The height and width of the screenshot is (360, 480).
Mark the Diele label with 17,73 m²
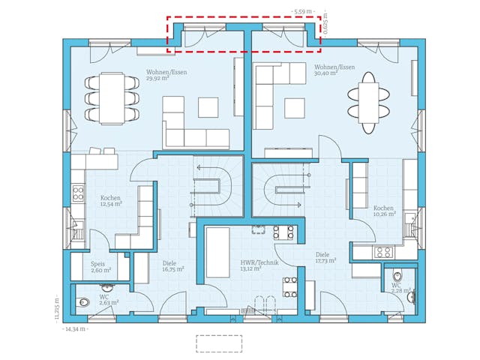(x=325, y=258)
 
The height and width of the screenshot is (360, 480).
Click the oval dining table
(x=368, y=102)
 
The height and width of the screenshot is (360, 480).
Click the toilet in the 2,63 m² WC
(x=82, y=302)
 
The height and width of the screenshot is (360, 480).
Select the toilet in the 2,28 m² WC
(x=410, y=298)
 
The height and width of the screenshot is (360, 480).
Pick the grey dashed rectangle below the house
(x=219, y=343)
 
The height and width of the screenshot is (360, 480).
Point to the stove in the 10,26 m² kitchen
(x=383, y=253)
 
